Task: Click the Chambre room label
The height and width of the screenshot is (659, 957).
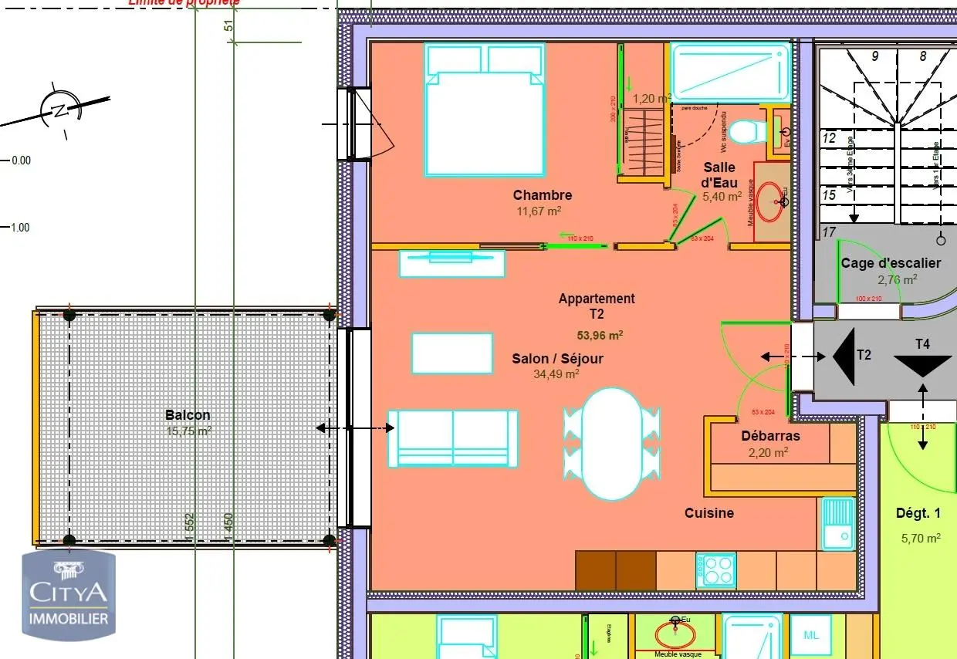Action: [x=542, y=195]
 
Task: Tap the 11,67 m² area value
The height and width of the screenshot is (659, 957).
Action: [x=538, y=211]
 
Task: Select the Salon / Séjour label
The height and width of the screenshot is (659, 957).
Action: [x=557, y=359]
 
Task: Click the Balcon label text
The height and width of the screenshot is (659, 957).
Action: [x=188, y=415]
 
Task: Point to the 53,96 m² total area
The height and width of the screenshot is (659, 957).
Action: [x=600, y=335]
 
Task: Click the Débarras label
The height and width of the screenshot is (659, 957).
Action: [x=770, y=436]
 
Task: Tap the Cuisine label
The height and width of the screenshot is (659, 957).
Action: [x=708, y=513]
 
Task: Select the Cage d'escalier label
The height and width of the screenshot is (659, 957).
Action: [x=891, y=263]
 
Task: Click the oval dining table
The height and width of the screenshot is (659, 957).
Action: [x=611, y=443]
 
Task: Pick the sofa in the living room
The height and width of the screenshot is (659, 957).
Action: [x=453, y=438]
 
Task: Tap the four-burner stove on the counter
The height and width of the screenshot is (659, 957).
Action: [x=716, y=571]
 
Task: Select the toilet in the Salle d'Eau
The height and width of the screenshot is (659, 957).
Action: [x=745, y=132]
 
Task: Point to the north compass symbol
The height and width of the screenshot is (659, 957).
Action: [x=58, y=110]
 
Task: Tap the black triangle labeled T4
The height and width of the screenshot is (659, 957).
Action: [x=922, y=364]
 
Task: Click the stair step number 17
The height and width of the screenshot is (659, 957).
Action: [x=830, y=231]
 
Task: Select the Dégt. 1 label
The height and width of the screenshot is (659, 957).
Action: [x=918, y=513]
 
